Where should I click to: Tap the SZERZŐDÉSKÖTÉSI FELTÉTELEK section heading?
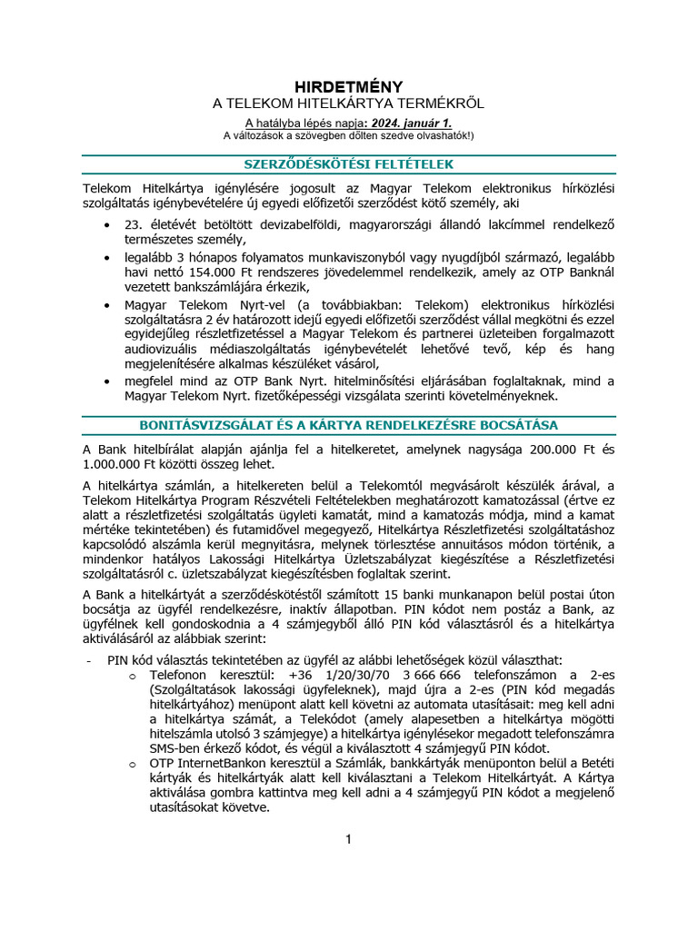click(x=349, y=164)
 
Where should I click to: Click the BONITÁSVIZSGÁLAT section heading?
click(x=349, y=425)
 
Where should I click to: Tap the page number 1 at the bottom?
click(x=348, y=838)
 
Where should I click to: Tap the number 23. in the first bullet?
click(x=135, y=224)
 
